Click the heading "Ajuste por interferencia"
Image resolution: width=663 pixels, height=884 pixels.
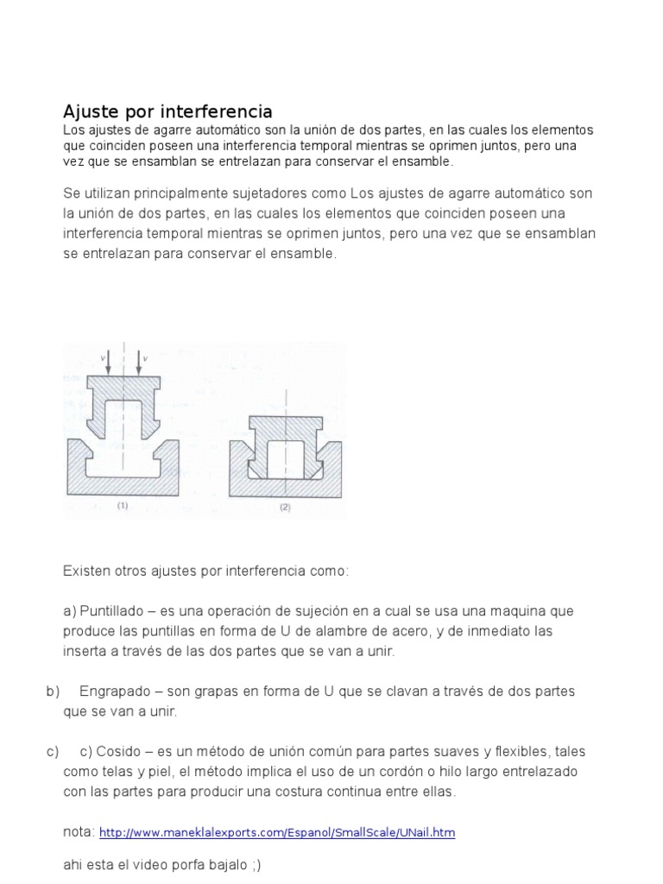(x=167, y=111)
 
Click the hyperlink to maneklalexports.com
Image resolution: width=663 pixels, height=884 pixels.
(x=277, y=833)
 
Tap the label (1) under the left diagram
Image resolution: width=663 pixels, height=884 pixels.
(x=123, y=508)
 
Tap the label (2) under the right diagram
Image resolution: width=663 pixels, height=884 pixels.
(x=285, y=508)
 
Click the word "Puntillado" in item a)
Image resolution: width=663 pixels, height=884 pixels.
(x=111, y=611)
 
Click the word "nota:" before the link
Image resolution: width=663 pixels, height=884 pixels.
(x=79, y=832)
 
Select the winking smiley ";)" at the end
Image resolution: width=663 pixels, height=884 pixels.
(x=255, y=864)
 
